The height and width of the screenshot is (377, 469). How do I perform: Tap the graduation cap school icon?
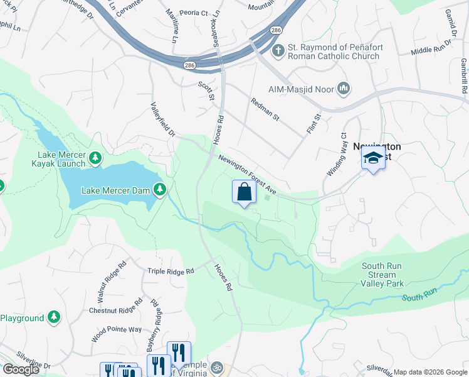pyautogui.click(x=373, y=159)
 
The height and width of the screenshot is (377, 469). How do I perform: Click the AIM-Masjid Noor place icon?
pyautogui.click(x=343, y=88)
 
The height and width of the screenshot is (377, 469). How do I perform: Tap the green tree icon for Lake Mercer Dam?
pyautogui.click(x=161, y=189)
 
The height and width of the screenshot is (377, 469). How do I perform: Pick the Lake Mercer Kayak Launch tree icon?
pyautogui.click(x=95, y=158)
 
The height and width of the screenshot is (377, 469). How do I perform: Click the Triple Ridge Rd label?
pyautogui.click(x=171, y=271)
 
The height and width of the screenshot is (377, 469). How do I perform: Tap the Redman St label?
pyautogui.click(x=265, y=109)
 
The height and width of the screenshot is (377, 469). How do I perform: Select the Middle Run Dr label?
pyautogui.click(x=431, y=49)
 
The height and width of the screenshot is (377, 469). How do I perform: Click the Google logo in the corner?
pyautogui.click(x=21, y=369)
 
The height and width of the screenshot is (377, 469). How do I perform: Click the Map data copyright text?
pyautogui.click(x=429, y=372)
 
